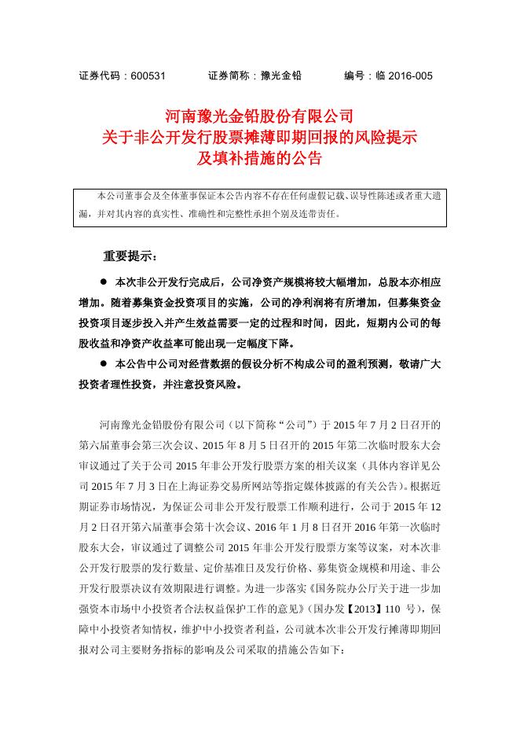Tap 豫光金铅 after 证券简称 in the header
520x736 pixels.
coord(276,75)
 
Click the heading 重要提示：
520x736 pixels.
coord(130,256)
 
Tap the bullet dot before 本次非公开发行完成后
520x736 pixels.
coord(102,282)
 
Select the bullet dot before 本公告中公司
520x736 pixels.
coord(102,364)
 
